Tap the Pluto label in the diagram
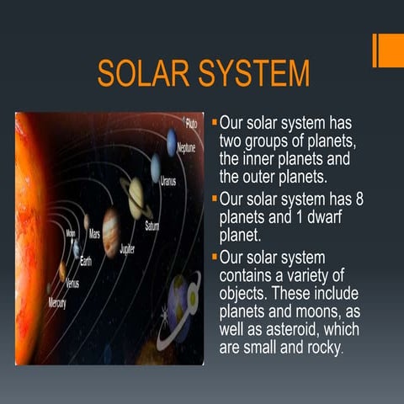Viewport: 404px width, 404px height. [x=191, y=123]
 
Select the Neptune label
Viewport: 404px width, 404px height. [x=186, y=148]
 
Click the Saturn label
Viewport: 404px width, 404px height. [x=151, y=226]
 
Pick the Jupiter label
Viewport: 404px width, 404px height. [x=127, y=250]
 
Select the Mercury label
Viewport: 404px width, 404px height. [x=56, y=301]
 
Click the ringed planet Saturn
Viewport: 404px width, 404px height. [x=136, y=196]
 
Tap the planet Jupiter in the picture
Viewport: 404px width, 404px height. [x=110, y=231]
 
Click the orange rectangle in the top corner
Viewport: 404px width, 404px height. [x=389, y=50]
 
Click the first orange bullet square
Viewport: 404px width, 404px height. [x=214, y=124]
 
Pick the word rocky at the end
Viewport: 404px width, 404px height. [x=322, y=348]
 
